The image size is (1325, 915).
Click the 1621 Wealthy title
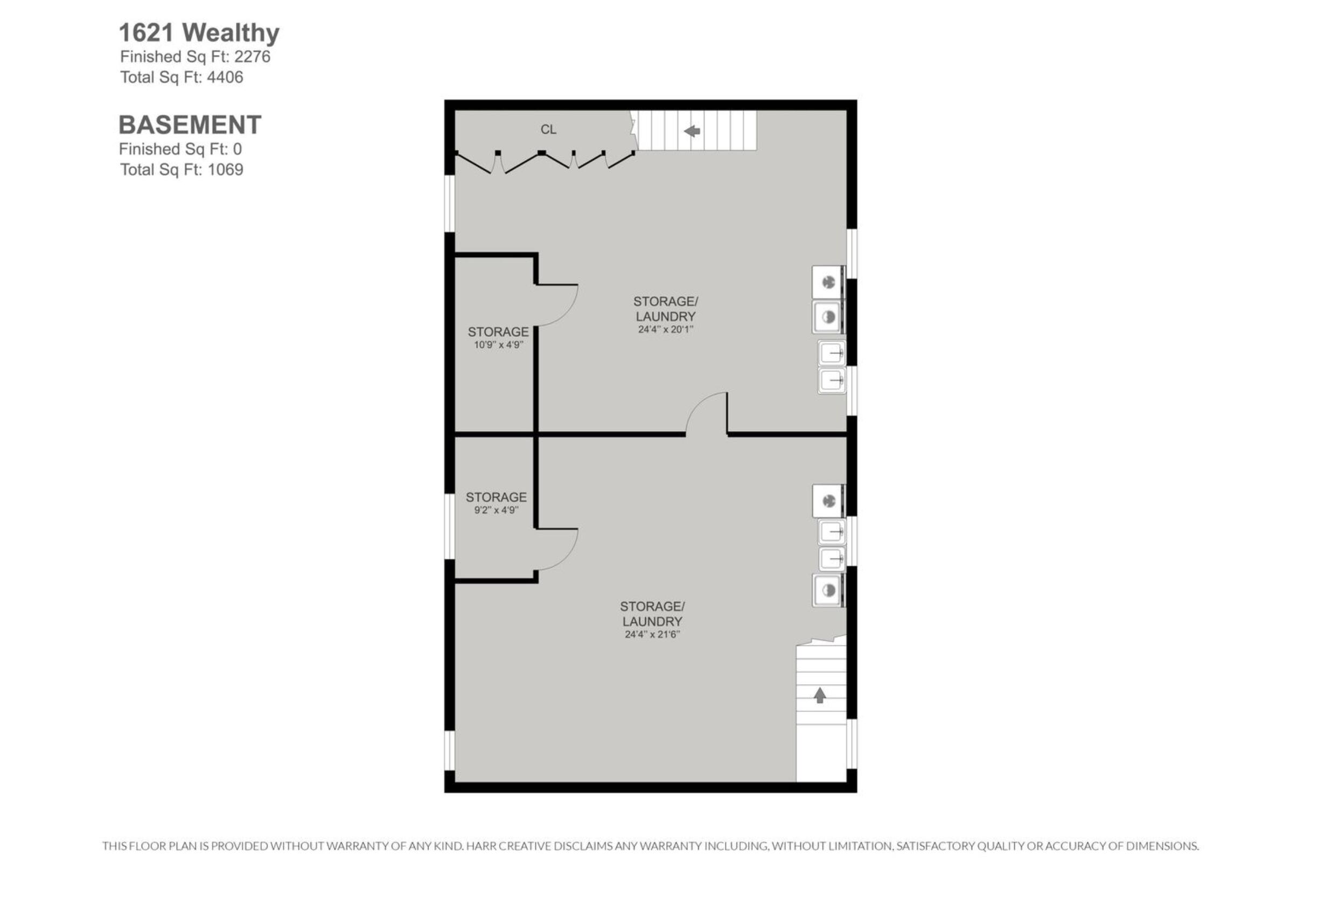click(199, 33)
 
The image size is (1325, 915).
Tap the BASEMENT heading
click(190, 124)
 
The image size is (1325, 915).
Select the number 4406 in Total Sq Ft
click(225, 77)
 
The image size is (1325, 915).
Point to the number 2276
click(252, 56)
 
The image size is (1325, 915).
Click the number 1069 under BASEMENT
click(225, 169)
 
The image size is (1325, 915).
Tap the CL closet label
click(548, 129)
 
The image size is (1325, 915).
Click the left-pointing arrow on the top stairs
click(692, 131)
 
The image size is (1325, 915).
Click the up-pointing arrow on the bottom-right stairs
click(820, 696)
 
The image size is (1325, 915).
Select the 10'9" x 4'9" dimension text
click(498, 344)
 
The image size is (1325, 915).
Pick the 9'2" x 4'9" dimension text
click(496, 510)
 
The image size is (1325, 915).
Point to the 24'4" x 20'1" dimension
click(665, 329)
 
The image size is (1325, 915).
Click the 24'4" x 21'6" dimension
click(652, 634)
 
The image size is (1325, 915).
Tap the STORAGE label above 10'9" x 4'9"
click(498, 331)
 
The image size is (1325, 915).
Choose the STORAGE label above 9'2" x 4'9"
click(496, 497)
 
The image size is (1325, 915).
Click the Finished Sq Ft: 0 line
click(180, 149)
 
